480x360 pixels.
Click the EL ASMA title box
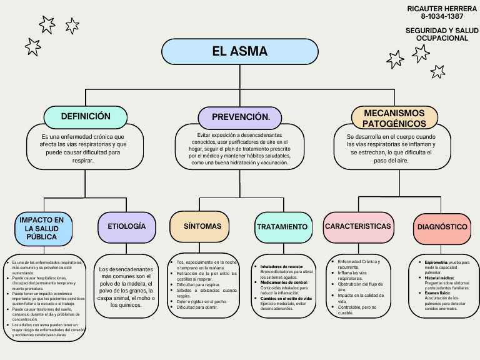pyautogui.click(x=240, y=51)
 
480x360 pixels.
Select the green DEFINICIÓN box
pyautogui.click(x=86, y=116)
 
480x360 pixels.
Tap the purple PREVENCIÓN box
pyautogui.click(x=240, y=117)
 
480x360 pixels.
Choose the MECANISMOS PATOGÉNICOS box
pyautogui.click(x=394, y=118)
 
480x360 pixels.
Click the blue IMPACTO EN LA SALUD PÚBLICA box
pyautogui.click(x=42, y=229)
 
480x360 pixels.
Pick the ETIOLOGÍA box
pyautogui.click(x=127, y=226)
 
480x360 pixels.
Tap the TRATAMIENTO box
pyautogui.click(x=282, y=227)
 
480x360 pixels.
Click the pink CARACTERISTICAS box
pyautogui.click(x=359, y=226)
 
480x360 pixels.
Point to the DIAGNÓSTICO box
pyautogui.click(x=442, y=227)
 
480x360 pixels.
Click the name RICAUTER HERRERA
pyautogui.click(x=437, y=8)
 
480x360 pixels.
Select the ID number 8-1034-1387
pyautogui.click(x=437, y=16)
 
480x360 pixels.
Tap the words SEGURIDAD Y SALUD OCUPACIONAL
pyautogui.click(x=437, y=34)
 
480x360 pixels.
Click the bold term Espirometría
pyautogui.click(x=435, y=262)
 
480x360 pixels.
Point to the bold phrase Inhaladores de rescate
pyautogui.click(x=281, y=267)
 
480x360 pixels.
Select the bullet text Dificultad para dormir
pyautogui.click(x=198, y=307)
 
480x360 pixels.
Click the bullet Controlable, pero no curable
pyautogui.click(x=357, y=310)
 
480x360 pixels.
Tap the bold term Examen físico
pyautogui.click(x=438, y=293)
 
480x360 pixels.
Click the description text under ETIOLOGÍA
pyautogui.click(x=127, y=287)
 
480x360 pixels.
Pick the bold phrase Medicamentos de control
pyautogui.click(x=284, y=282)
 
